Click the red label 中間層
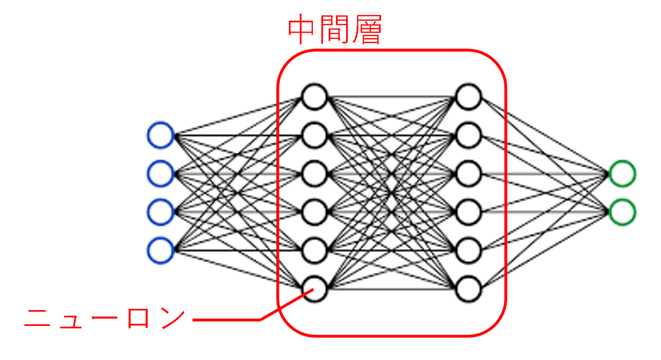point(335,30)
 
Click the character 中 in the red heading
point(302,30)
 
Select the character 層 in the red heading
point(367,30)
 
